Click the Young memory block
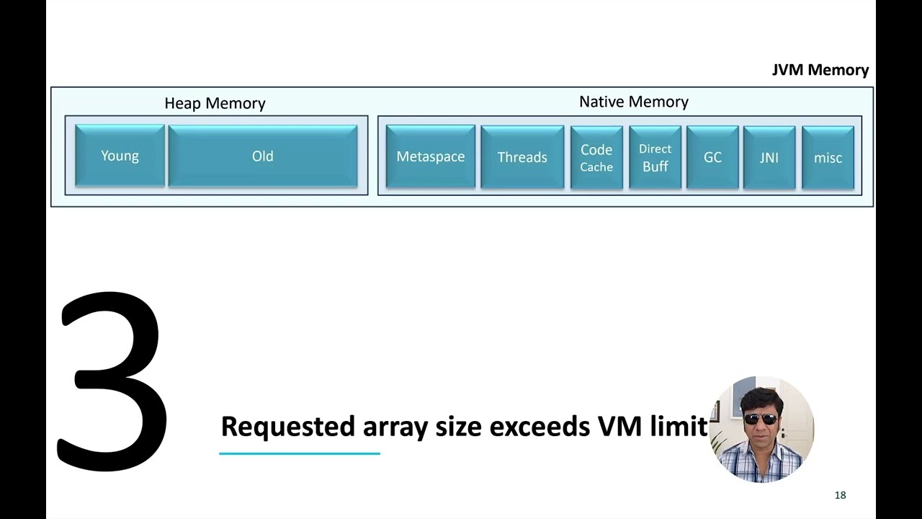(x=120, y=156)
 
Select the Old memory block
(x=262, y=156)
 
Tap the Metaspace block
(x=430, y=157)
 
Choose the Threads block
(x=522, y=157)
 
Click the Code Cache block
(x=596, y=158)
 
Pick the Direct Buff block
(x=655, y=158)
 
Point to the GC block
(x=712, y=158)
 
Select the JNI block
(x=769, y=158)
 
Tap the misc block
(x=828, y=158)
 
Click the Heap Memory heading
(x=215, y=103)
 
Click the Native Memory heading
(x=633, y=102)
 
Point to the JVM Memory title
(x=820, y=70)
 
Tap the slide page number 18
(x=840, y=495)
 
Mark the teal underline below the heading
(x=299, y=453)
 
